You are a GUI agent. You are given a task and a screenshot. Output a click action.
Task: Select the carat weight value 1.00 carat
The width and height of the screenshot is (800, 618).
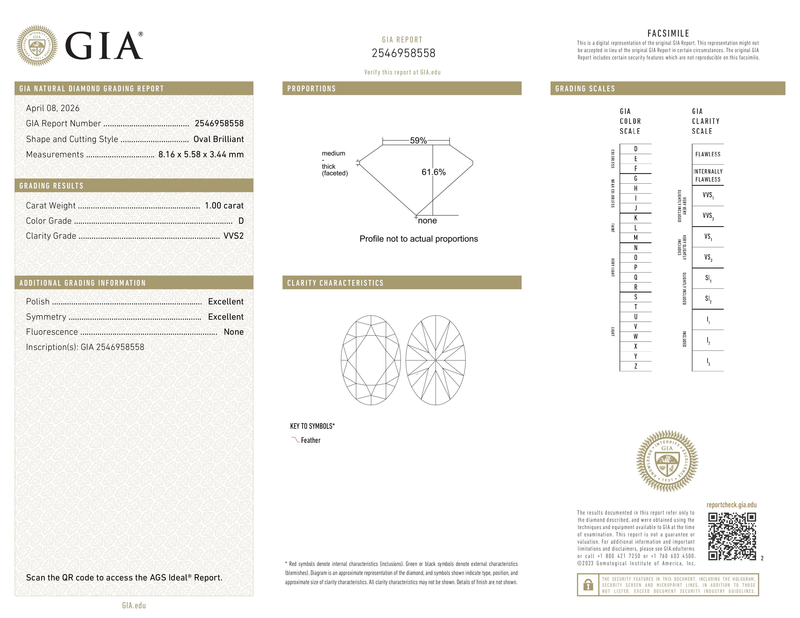[224, 205]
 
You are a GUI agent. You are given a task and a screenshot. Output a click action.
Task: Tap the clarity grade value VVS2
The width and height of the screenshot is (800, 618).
[233, 236]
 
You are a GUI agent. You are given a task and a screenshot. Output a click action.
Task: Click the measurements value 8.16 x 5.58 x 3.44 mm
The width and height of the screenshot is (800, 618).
[201, 155]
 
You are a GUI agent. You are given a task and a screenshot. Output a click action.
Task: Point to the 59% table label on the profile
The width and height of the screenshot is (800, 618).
[418, 141]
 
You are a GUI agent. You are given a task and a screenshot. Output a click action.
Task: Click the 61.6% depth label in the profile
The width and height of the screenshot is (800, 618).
[433, 172]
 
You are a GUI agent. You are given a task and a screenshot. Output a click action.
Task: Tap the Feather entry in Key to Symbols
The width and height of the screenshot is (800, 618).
[310, 440]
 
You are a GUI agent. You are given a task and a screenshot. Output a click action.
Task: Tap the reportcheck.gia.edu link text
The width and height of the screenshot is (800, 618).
[731, 505]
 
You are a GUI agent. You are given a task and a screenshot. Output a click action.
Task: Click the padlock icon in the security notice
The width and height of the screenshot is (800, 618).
[588, 585]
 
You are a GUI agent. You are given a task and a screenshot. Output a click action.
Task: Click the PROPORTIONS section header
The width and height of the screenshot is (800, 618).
[311, 89]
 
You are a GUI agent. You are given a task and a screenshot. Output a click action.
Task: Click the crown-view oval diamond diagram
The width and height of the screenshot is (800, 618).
[371, 360]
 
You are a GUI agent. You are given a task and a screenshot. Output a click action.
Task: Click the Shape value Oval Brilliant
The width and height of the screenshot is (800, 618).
[218, 139]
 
